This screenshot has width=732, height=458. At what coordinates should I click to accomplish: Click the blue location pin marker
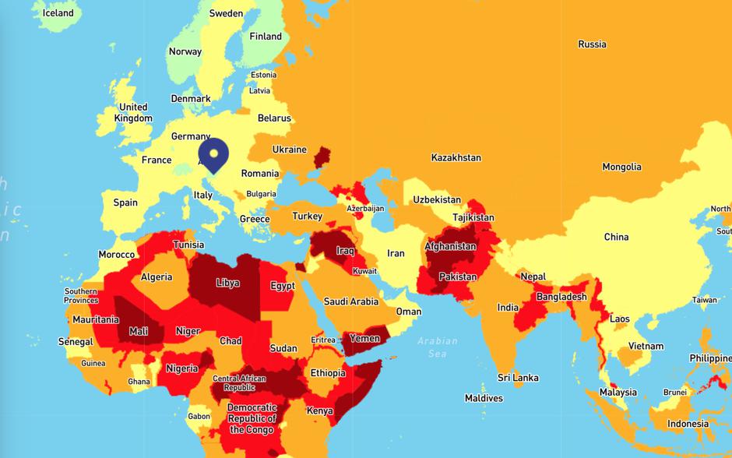pyautogui.click(x=213, y=153)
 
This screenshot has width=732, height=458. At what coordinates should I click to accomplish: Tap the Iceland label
pyautogui.click(x=58, y=13)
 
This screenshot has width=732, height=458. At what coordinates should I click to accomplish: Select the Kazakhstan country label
pyautogui.click(x=456, y=157)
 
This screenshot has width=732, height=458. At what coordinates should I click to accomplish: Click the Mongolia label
pyautogui.click(x=621, y=167)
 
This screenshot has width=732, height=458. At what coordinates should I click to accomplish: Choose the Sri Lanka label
pyautogui.click(x=518, y=378)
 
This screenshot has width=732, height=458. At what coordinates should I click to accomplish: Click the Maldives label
pyautogui.click(x=484, y=398)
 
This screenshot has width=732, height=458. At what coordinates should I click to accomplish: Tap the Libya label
pyautogui.click(x=227, y=282)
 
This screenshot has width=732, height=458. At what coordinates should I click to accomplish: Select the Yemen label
pyautogui.click(x=364, y=338)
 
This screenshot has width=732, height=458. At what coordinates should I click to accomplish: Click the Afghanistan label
pyautogui.click(x=450, y=247)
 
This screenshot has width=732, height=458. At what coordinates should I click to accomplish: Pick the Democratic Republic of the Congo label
pyautogui.click(x=252, y=418)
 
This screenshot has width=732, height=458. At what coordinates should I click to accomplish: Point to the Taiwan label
pyautogui.click(x=705, y=300)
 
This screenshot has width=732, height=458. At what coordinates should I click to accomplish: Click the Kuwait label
pyautogui.click(x=364, y=271)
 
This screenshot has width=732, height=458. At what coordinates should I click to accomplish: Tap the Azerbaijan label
pyautogui.click(x=366, y=209)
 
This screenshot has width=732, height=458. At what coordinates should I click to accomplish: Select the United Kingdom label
pyautogui.click(x=133, y=113)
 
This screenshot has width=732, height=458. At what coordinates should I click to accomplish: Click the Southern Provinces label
pyautogui.click(x=81, y=296)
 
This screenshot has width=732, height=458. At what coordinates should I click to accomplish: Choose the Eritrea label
pyautogui.click(x=323, y=340)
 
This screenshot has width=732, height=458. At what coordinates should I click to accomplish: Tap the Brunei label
pyautogui.click(x=674, y=393)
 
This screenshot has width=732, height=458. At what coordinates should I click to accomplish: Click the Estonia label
pyautogui.click(x=263, y=75)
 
